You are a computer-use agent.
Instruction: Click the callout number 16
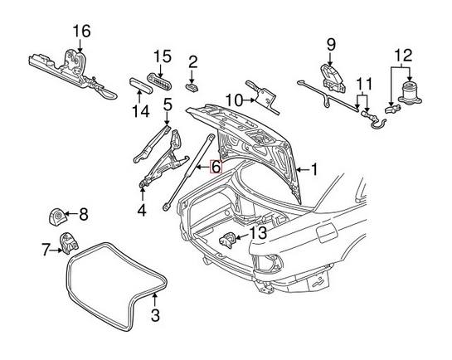click(80, 32)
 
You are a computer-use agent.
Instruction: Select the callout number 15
click(162, 56)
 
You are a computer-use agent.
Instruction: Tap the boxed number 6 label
click(216, 166)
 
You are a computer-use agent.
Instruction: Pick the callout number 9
click(330, 44)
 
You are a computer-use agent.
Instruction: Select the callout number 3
click(154, 314)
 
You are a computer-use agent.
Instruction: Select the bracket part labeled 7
click(69, 245)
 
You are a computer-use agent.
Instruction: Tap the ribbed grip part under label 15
click(161, 81)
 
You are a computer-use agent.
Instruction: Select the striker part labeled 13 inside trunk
click(228, 241)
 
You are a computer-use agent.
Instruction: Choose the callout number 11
click(363, 85)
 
